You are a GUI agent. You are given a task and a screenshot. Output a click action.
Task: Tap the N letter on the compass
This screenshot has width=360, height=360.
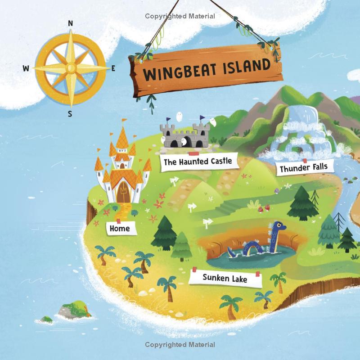tap(70, 23)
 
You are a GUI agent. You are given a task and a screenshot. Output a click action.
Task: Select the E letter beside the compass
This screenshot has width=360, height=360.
tap(113, 68)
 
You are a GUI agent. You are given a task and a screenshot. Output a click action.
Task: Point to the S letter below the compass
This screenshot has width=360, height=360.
tap(70, 113)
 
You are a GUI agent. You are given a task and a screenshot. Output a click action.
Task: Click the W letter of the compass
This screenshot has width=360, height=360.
tap(26, 68)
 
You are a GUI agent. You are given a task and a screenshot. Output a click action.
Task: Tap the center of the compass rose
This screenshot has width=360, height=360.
tap(70, 68)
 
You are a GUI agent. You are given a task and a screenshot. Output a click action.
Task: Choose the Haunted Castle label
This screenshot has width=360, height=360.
tap(198, 161)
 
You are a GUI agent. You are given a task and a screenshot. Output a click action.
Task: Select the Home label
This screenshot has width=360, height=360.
tap(119, 229)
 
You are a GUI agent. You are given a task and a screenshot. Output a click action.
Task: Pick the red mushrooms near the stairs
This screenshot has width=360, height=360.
tap(265, 207)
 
